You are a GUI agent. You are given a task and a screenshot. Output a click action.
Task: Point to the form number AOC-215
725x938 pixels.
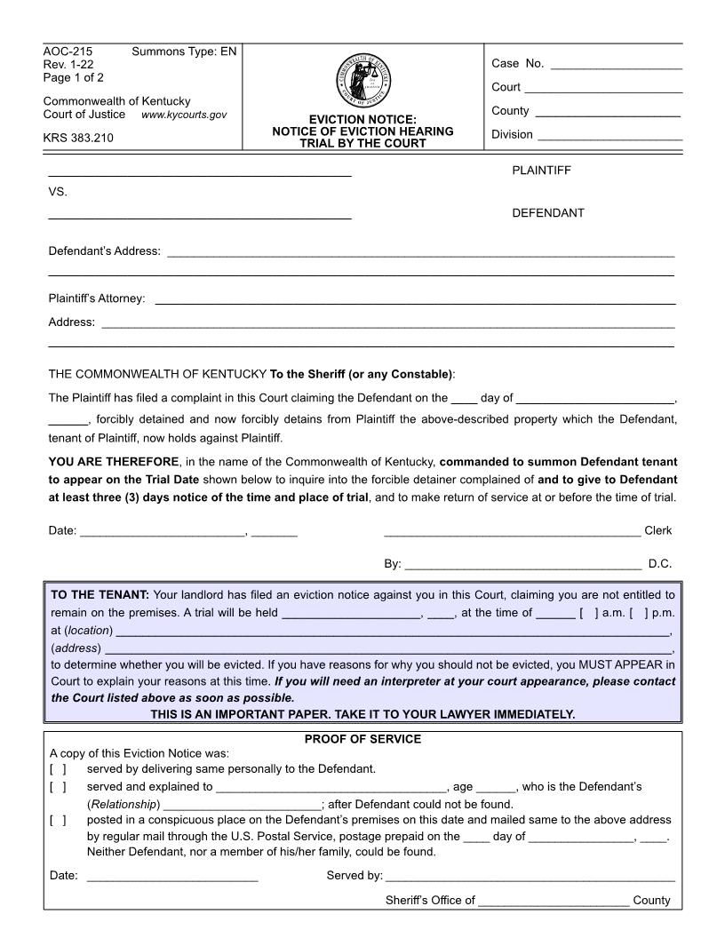click(x=68, y=52)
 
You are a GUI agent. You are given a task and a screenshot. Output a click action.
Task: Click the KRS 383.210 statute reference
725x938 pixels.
click(x=78, y=138)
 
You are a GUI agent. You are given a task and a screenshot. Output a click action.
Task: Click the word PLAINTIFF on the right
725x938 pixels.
click(x=541, y=171)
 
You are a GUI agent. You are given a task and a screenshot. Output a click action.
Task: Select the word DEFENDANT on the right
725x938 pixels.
click(x=548, y=213)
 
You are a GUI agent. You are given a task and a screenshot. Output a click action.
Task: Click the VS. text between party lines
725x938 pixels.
click(x=58, y=192)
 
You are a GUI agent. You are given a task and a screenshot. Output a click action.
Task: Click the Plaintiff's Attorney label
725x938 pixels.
click(x=97, y=298)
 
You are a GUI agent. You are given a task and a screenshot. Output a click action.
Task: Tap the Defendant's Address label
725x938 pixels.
click(x=105, y=251)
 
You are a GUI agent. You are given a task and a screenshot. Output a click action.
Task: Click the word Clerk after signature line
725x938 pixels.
click(x=657, y=531)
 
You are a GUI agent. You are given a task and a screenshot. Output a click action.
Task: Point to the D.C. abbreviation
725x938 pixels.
click(x=659, y=563)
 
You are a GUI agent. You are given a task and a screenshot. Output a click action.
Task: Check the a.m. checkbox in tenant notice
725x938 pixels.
click(x=582, y=613)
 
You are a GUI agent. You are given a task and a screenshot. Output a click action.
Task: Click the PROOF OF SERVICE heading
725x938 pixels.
click(x=362, y=739)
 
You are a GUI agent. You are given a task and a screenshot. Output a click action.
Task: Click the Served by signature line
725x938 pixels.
click(x=529, y=878)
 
